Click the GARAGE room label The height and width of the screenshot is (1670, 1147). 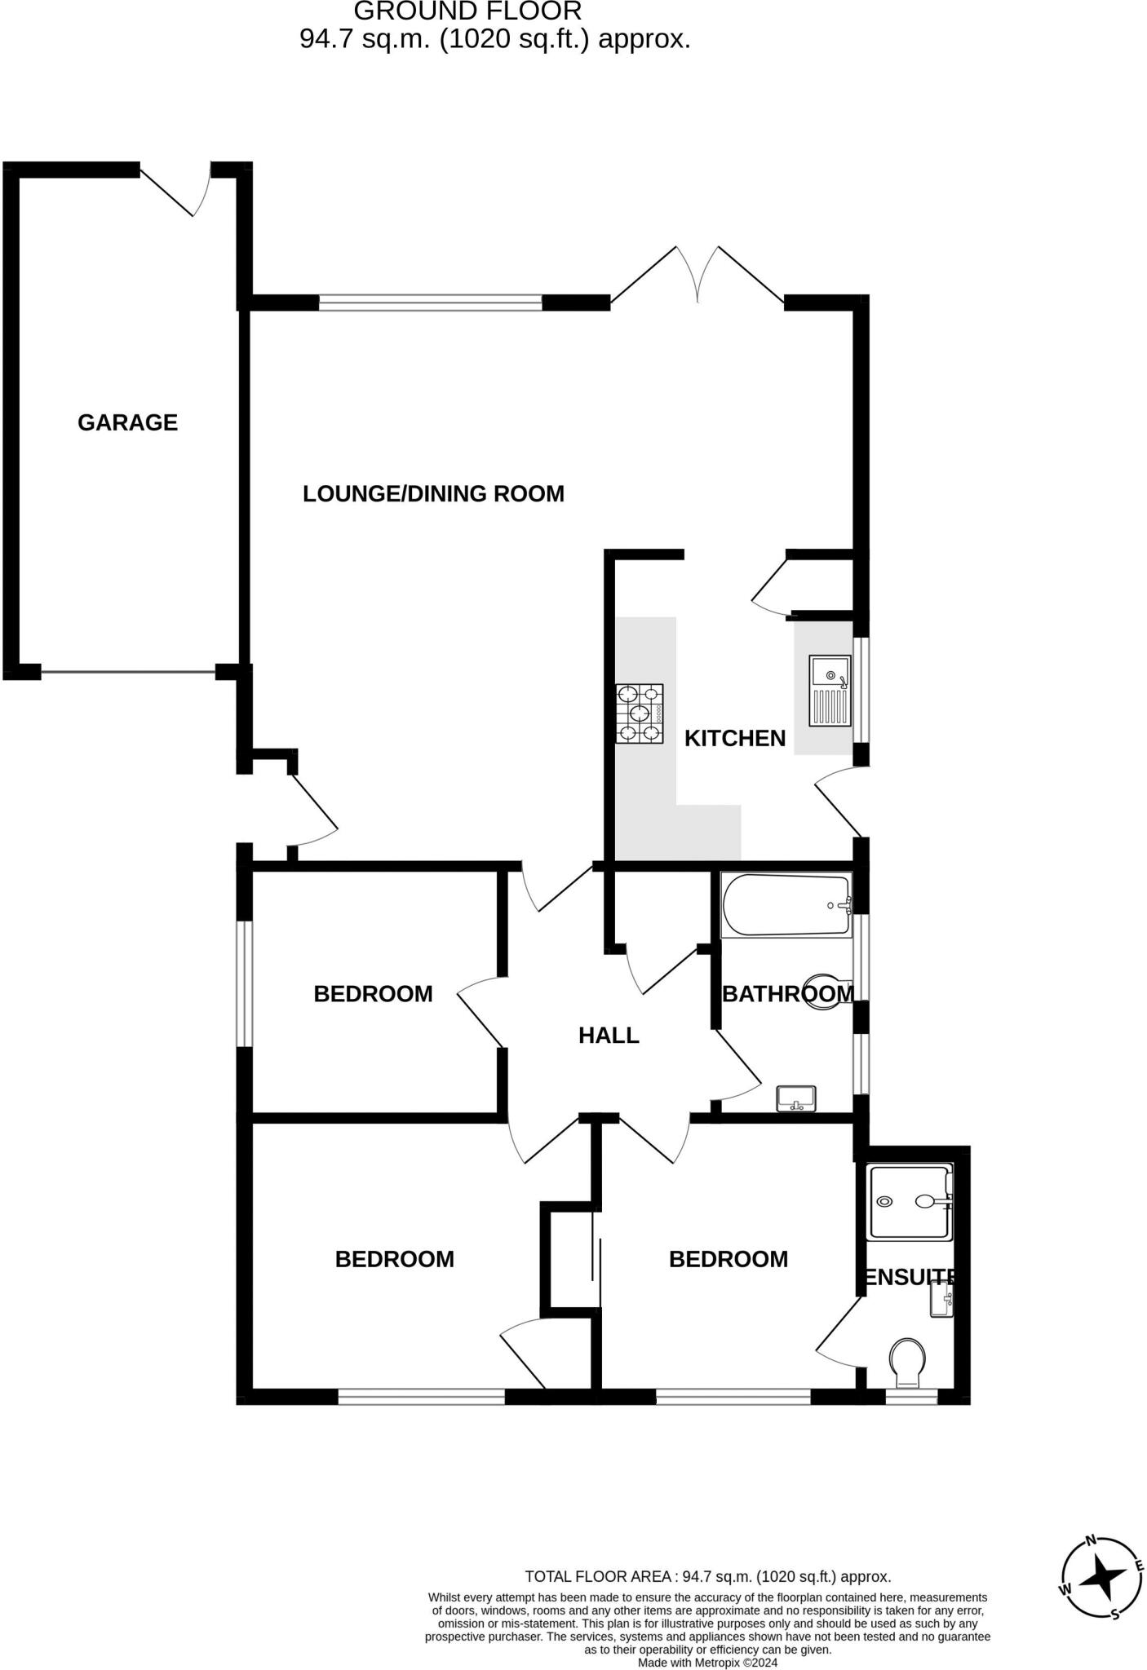point(127,422)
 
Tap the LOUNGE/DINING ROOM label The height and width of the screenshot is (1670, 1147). point(433,493)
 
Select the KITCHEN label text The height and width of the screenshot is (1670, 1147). point(734,738)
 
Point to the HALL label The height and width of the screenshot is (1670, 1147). point(609,1036)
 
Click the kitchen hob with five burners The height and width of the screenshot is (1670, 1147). point(640,714)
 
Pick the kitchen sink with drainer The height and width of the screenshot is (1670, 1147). point(830,690)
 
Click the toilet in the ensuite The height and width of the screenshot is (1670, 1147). point(907,1362)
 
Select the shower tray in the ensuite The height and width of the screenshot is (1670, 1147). point(910,1201)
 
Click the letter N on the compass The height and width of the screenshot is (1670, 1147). point(1091,1540)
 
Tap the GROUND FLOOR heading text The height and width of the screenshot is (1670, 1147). point(467,11)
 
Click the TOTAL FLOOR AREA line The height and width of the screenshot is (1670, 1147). point(707,1576)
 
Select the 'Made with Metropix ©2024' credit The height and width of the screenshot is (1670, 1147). point(707,1662)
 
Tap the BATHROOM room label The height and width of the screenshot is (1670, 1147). point(787,994)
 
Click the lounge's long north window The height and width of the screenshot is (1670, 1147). point(430,303)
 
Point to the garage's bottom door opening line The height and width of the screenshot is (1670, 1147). point(128,672)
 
